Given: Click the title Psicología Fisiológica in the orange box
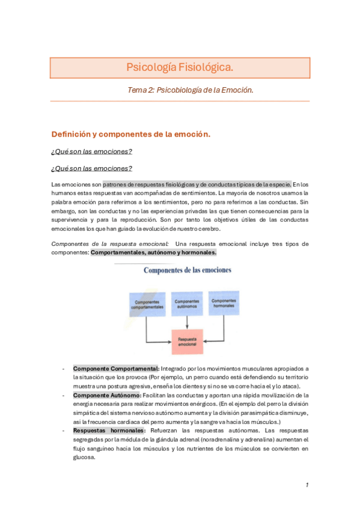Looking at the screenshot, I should (180, 67).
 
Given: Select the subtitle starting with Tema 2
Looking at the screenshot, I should (191, 90).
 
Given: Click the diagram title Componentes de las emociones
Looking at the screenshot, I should (187, 270).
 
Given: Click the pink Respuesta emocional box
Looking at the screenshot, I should (187, 342).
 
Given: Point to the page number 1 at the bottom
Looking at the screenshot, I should (307, 485).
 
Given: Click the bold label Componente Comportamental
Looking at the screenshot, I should (116, 369).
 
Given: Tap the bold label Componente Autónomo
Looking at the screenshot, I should (107, 395).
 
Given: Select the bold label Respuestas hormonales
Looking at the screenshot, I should (109, 431).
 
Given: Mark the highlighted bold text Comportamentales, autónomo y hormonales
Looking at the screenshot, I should (153, 253).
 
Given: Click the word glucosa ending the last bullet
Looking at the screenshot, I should (84, 457).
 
